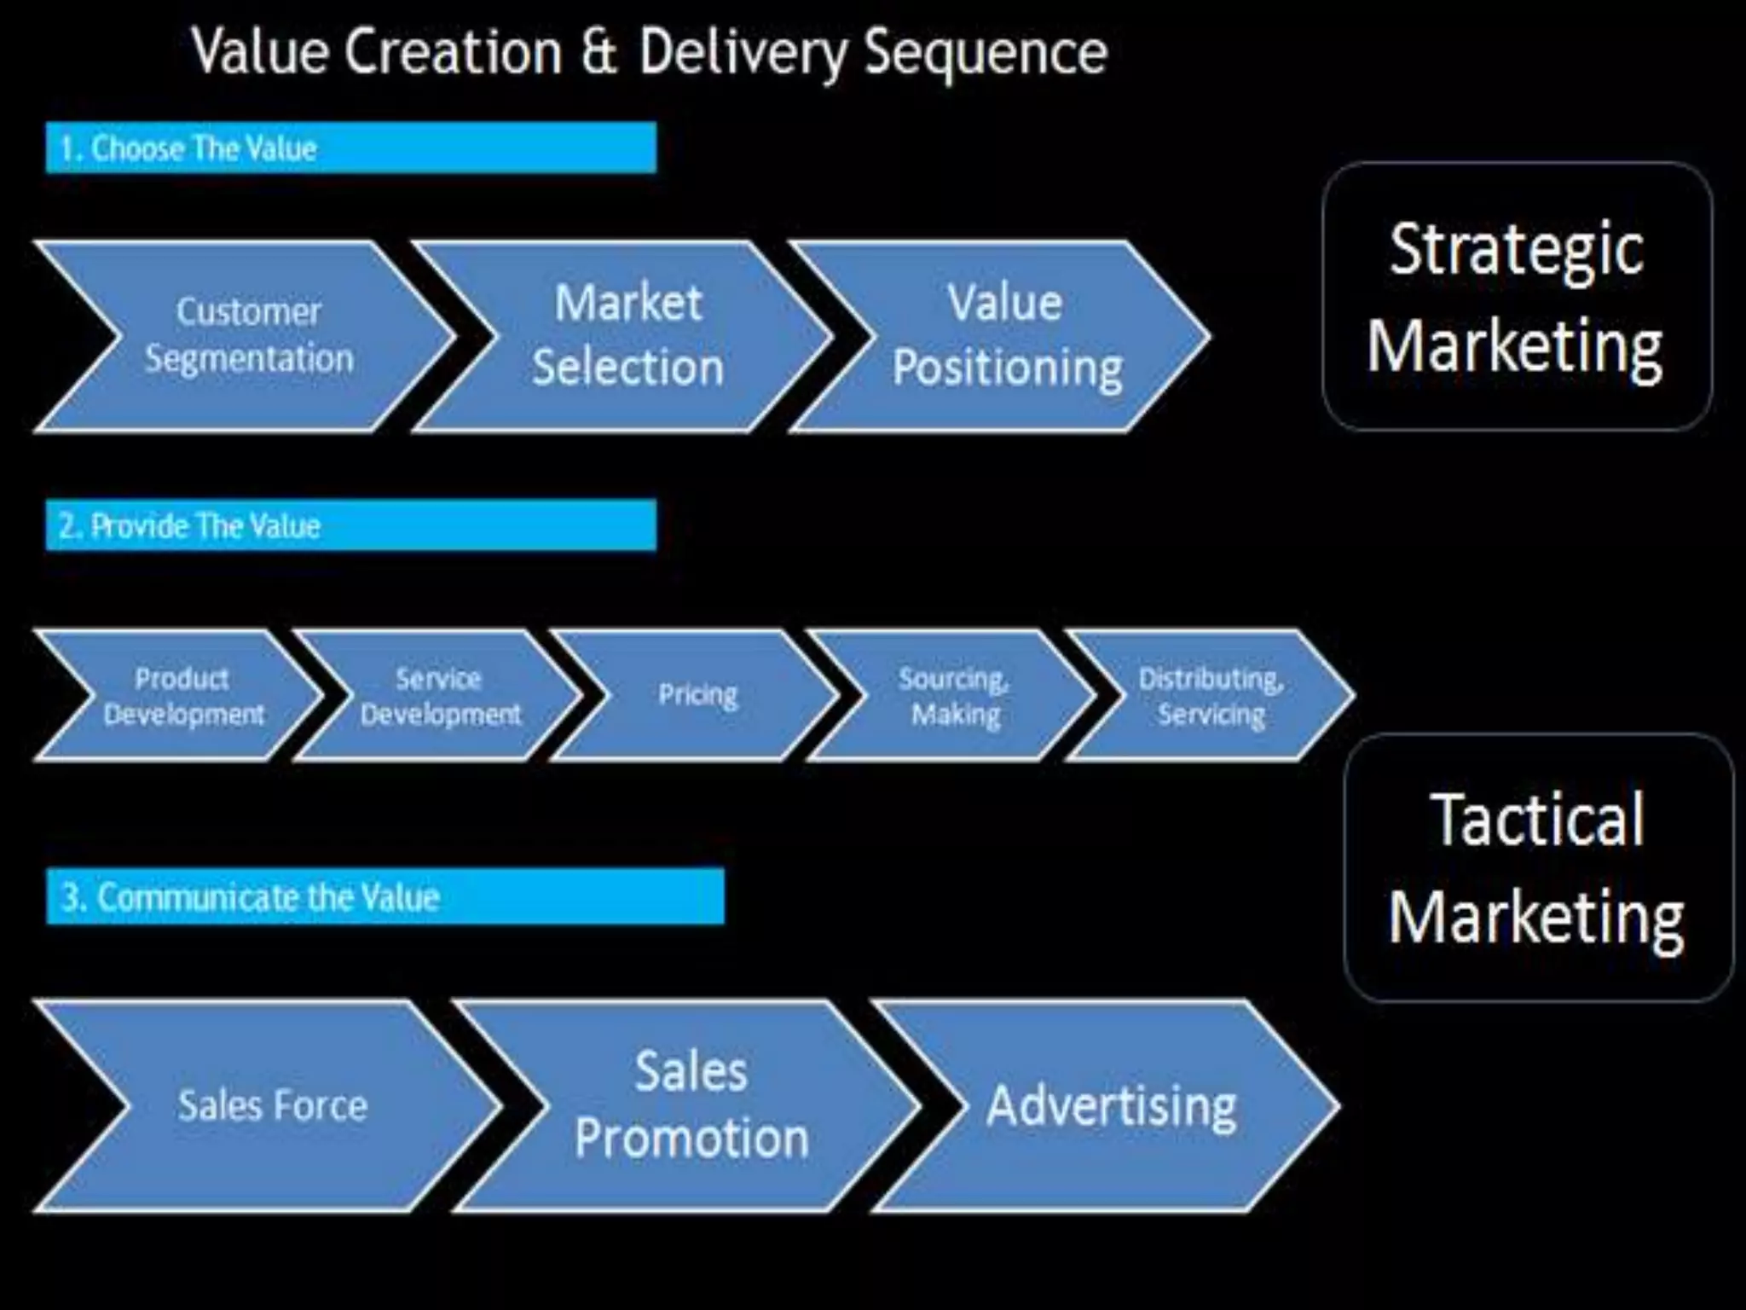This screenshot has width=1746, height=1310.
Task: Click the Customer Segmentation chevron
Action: pos(248,336)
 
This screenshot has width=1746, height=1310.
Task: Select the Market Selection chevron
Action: pos(627,336)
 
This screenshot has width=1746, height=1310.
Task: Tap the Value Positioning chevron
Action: pos(1006,336)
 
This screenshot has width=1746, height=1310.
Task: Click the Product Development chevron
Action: pos(183,696)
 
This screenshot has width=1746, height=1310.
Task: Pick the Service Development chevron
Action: pos(440,696)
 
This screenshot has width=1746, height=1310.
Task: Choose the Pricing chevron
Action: pos(697,696)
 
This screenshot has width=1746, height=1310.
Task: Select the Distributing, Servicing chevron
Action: pos(1211,696)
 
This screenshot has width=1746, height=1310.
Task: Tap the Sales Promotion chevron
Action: pos(691,1106)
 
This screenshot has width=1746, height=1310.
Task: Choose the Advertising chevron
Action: pos(1111,1106)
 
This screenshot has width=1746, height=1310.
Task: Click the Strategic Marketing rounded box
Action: pos(1517,297)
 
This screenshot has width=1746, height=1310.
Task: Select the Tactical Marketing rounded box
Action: pos(1538,867)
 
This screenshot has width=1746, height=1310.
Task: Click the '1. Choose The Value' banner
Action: pos(350,148)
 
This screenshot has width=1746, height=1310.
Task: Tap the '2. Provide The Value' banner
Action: pos(350,525)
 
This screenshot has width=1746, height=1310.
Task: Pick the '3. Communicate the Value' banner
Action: pos(384,896)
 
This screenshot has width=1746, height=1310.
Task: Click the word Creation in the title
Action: pos(454,53)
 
